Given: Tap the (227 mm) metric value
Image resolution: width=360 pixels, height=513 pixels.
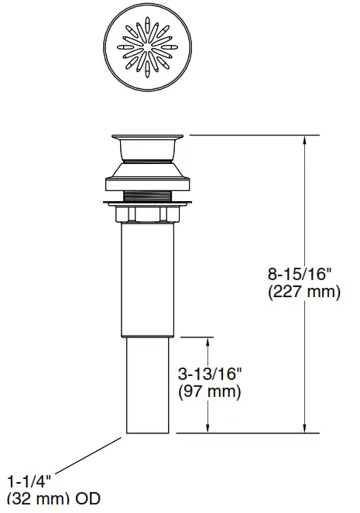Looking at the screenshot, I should coord(303,292).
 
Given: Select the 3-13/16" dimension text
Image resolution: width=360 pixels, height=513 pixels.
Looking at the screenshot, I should coord(210,374).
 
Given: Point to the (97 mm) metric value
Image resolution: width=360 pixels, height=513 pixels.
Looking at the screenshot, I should coord(210,392).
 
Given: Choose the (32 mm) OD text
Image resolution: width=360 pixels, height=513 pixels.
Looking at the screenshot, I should coord(53,500).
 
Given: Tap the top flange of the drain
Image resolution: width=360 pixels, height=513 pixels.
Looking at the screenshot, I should coord(146,139).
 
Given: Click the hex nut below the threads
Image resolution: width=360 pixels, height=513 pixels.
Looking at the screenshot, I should coord(146,214).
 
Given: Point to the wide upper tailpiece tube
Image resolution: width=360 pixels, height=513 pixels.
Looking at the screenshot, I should coord(146,279).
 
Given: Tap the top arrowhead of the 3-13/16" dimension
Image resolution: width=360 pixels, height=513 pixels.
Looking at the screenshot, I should coord(207,341).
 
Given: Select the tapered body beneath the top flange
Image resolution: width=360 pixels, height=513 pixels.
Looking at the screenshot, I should coord(146,165).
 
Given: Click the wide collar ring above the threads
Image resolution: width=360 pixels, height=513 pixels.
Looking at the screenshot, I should coord(146,184).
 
